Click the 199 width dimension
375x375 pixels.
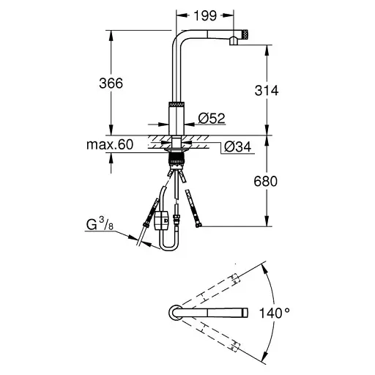pos(205,16)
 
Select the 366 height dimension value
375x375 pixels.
pos(111,83)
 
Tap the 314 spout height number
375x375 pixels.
pos(267,90)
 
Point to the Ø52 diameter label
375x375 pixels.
pos(212,118)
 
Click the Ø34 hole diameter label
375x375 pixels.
pos(237,147)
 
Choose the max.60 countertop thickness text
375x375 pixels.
pos(110,144)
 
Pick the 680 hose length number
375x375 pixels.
pos(266,182)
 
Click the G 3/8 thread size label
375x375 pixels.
pos(100,224)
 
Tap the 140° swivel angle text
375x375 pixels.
pos(275,313)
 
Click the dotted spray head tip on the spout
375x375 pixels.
pos(245,34)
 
